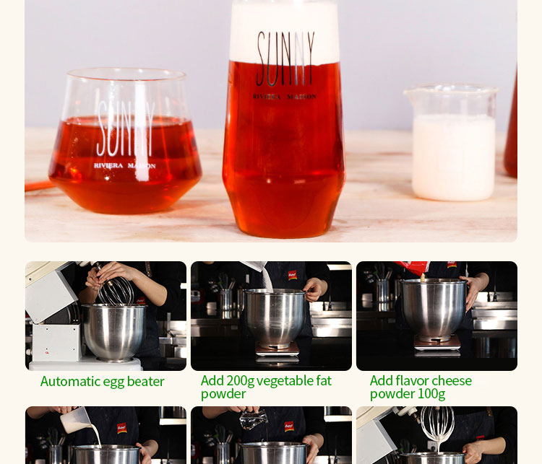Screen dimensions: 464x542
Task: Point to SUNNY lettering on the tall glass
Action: pyautogui.click(x=285, y=58)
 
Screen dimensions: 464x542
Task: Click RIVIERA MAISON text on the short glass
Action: pyautogui.click(x=124, y=166)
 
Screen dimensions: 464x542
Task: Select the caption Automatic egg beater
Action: pyautogui.click(x=103, y=382)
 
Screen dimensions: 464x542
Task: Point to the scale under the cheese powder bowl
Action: pyautogui.click(x=436, y=344)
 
